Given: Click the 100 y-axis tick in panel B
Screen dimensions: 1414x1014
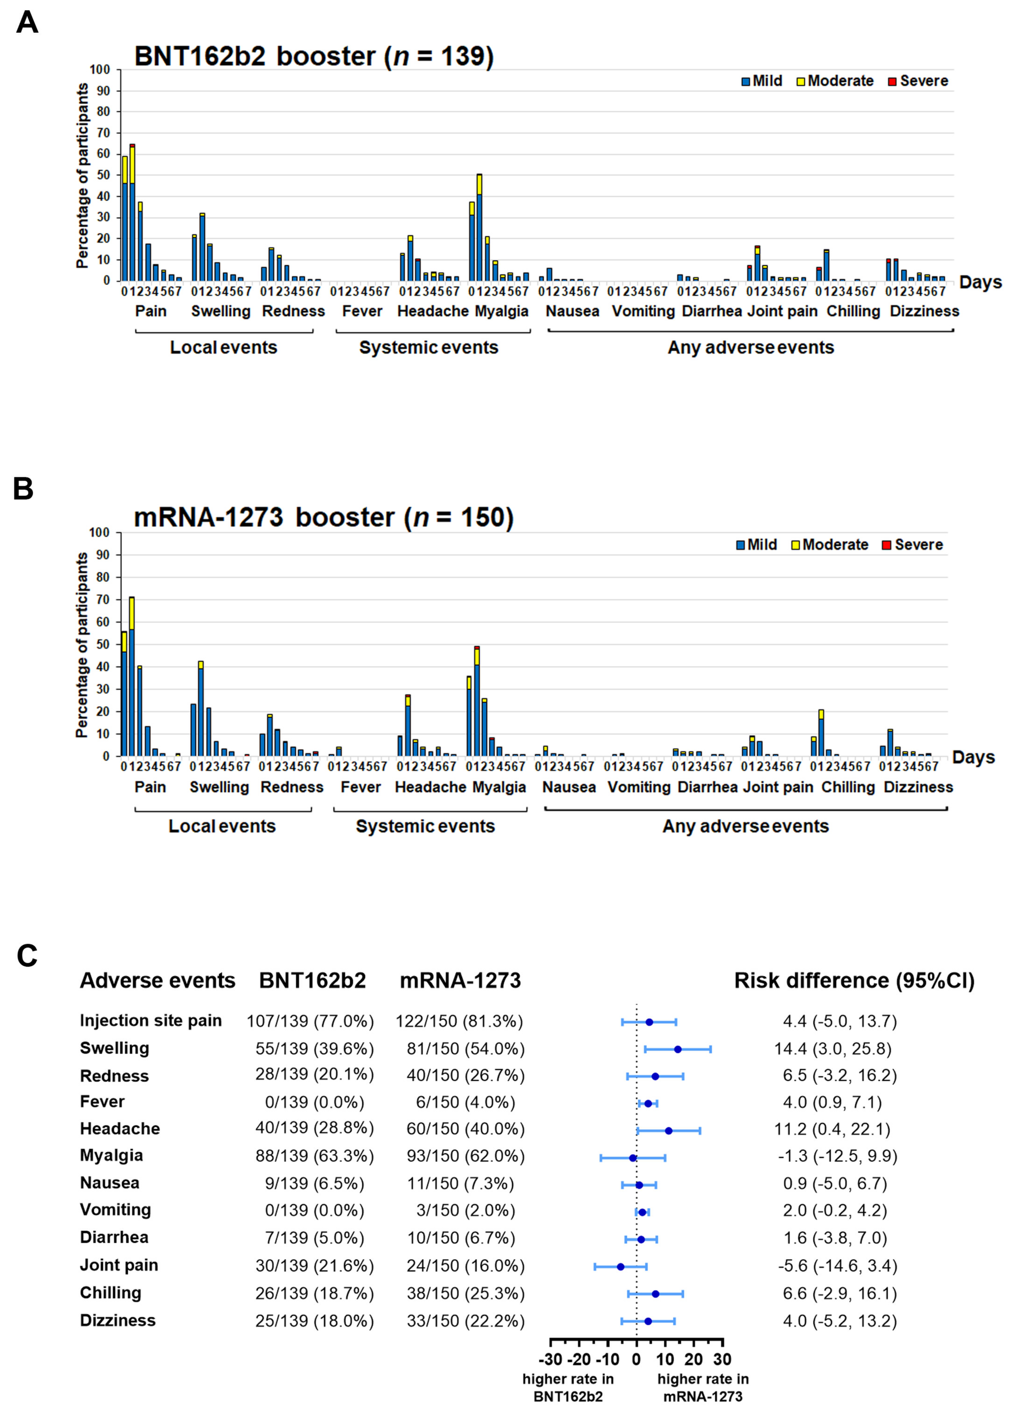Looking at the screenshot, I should pyautogui.click(x=99, y=532).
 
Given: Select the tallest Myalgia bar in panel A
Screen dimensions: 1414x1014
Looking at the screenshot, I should pyautogui.click(x=479, y=228).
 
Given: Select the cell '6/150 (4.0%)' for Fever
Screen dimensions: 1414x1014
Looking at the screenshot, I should pyautogui.click(x=465, y=1102).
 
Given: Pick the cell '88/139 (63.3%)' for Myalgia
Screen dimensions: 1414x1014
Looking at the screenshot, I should pyautogui.click(x=314, y=1156).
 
